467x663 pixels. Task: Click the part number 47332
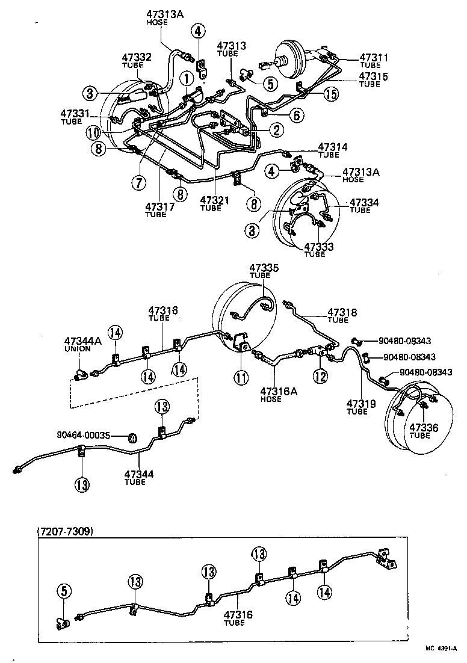[x=138, y=57]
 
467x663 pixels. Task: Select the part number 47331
[x=75, y=113]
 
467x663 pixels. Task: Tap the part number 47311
[x=374, y=58]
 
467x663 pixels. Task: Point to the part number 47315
[x=374, y=76]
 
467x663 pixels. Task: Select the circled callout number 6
[x=295, y=116]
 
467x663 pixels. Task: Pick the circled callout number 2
[x=276, y=129]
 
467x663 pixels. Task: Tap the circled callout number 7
[x=140, y=182]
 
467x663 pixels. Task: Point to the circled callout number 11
[x=241, y=379]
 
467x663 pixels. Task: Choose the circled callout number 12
[x=319, y=377]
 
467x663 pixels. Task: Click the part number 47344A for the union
[x=82, y=341]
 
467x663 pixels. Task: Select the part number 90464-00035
[x=84, y=434]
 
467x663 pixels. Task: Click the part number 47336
[x=424, y=428]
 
